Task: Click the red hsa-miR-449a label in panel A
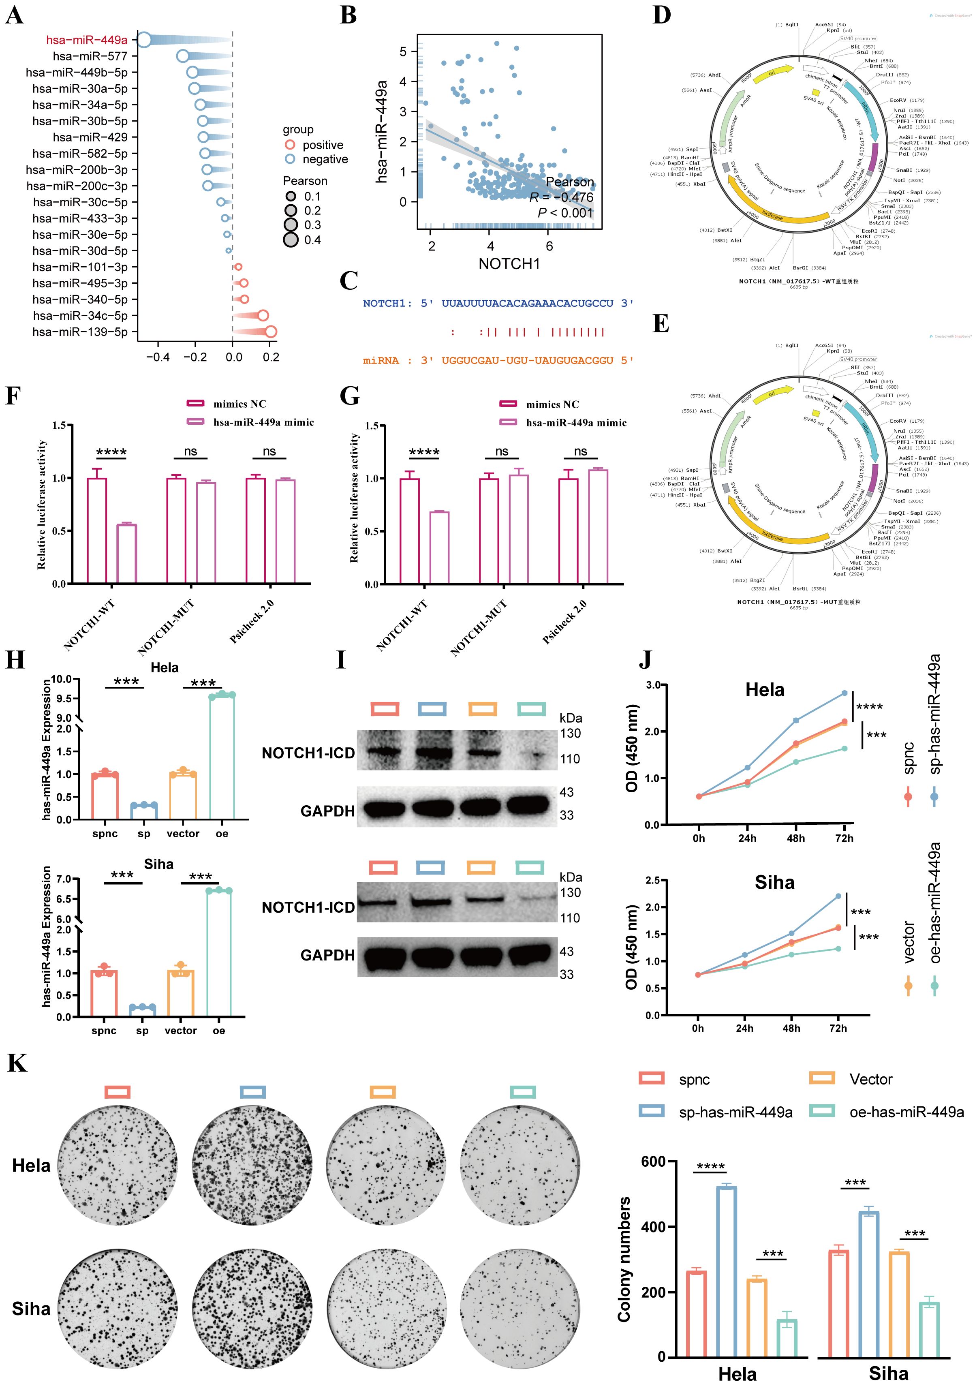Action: tap(87, 40)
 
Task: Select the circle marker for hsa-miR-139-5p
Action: tap(271, 332)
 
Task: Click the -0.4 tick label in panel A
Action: tap(158, 357)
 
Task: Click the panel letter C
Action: tap(349, 281)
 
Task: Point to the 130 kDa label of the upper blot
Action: tap(570, 734)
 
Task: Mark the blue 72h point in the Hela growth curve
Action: tap(844, 693)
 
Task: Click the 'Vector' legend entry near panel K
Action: tap(870, 1079)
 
